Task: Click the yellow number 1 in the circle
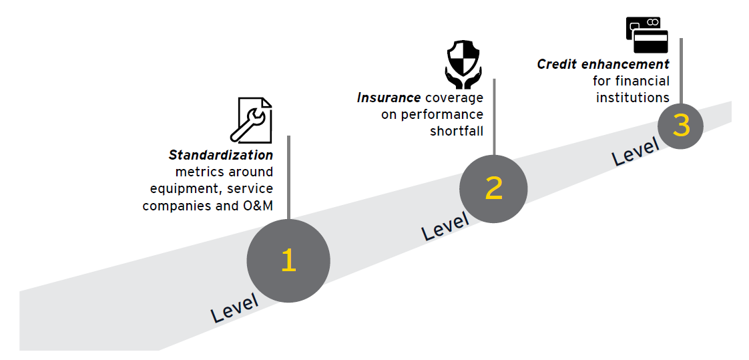[288, 260]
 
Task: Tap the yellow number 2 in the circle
[493, 188]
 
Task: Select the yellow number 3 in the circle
[681, 126]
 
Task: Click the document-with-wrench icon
[251, 120]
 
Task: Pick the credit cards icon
[647, 35]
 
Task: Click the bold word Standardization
[221, 156]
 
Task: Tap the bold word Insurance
[389, 98]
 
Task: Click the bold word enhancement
[622, 64]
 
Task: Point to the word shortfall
[457, 131]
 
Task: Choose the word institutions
[632, 98]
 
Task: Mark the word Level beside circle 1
[234, 308]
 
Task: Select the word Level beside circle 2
[445, 226]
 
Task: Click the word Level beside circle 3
[636, 152]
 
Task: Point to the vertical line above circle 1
[288, 178]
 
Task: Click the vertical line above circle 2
[494, 117]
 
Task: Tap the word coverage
[454, 98]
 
